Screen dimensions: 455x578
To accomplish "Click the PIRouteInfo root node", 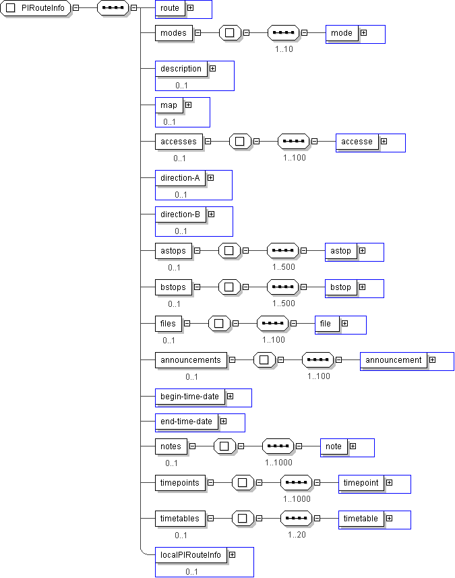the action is pos(35,8).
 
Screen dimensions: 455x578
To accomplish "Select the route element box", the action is pos(169,8).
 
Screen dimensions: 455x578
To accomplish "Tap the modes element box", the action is pos(174,33).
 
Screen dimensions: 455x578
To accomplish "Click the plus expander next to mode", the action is pos(363,33).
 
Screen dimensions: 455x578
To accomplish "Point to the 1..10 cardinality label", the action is pos(284,49).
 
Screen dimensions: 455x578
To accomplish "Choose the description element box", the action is pos(181,69).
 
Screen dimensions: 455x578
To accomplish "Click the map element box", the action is pos(169,105).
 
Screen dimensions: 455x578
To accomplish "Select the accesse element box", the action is pos(357,142).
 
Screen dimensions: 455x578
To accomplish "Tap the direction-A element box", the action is pos(180,178).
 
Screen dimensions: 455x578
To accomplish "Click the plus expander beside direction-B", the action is pos(211,214).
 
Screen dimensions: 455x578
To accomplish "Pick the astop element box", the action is pos(341,251).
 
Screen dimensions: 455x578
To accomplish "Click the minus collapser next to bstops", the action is pos(197,287).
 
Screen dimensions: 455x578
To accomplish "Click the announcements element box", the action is pos(191,360).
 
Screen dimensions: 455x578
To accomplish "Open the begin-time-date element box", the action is pos(189,397).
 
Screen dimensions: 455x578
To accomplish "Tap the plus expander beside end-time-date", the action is pos(223,421).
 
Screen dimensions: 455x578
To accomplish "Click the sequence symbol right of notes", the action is pos(278,446).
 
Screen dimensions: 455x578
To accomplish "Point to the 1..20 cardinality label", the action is pos(297,535).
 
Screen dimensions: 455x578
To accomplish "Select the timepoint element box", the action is pos(361,483).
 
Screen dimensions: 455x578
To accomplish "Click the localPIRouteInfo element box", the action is pos(191,555).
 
